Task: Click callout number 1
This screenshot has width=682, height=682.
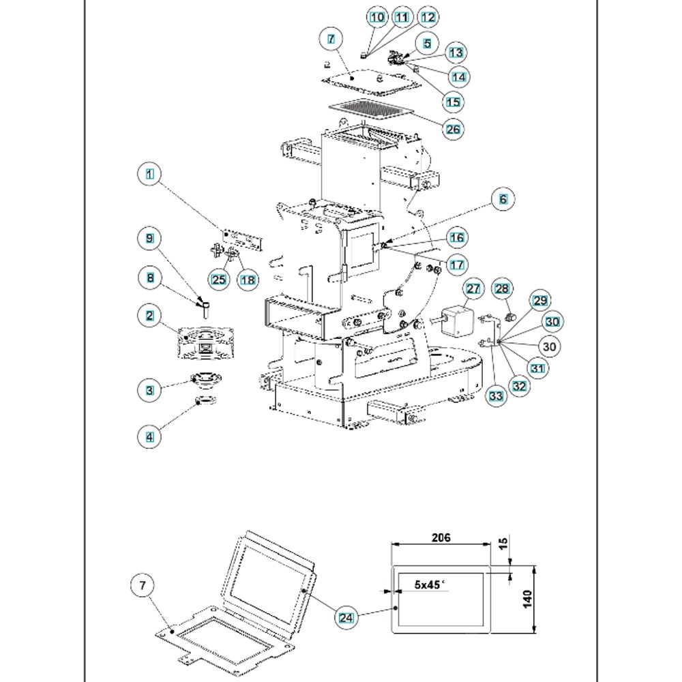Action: (149, 174)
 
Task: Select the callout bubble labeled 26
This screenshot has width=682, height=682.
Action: (454, 128)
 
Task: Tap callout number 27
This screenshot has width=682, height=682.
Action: (473, 289)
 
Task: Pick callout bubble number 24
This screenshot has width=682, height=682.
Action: (347, 617)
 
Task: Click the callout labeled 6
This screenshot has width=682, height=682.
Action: (503, 199)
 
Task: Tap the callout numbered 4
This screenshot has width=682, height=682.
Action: (149, 437)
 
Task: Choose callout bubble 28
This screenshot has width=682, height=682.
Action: (501, 289)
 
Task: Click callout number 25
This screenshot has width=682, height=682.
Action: (218, 279)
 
